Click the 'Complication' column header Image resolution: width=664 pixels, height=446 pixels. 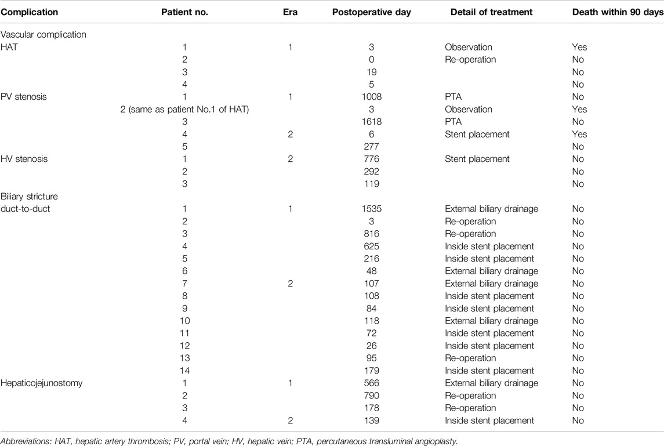click(29, 12)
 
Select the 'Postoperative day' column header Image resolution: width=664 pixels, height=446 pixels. click(371, 12)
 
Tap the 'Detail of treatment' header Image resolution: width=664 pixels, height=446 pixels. click(491, 12)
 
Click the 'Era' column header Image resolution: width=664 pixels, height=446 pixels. click(290, 12)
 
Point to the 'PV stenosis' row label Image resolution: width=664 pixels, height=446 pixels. click(24, 97)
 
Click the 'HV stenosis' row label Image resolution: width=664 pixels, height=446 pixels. click(24, 159)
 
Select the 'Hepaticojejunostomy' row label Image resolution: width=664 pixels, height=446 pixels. click(42, 383)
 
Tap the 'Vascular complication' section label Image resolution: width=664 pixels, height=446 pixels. click(43, 35)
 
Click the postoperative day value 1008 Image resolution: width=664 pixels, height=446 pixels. click(371, 97)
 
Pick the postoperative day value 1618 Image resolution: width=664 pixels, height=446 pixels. click(371, 122)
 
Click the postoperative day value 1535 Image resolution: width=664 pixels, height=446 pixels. click(371, 209)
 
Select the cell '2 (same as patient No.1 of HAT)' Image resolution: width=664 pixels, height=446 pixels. click(184, 109)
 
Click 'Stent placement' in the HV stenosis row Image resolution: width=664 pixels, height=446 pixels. click(477, 159)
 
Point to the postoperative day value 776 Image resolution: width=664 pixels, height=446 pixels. click(371, 159)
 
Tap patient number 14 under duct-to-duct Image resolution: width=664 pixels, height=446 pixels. click(184, 371)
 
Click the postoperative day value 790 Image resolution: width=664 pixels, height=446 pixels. click(371, 396)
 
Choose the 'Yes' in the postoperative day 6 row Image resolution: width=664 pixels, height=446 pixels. click(579, 135)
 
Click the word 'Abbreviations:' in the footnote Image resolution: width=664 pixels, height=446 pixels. click(26, 441)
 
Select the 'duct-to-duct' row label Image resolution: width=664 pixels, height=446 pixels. click(26, 209)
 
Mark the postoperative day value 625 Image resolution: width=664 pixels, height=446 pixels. click(371, 246)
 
